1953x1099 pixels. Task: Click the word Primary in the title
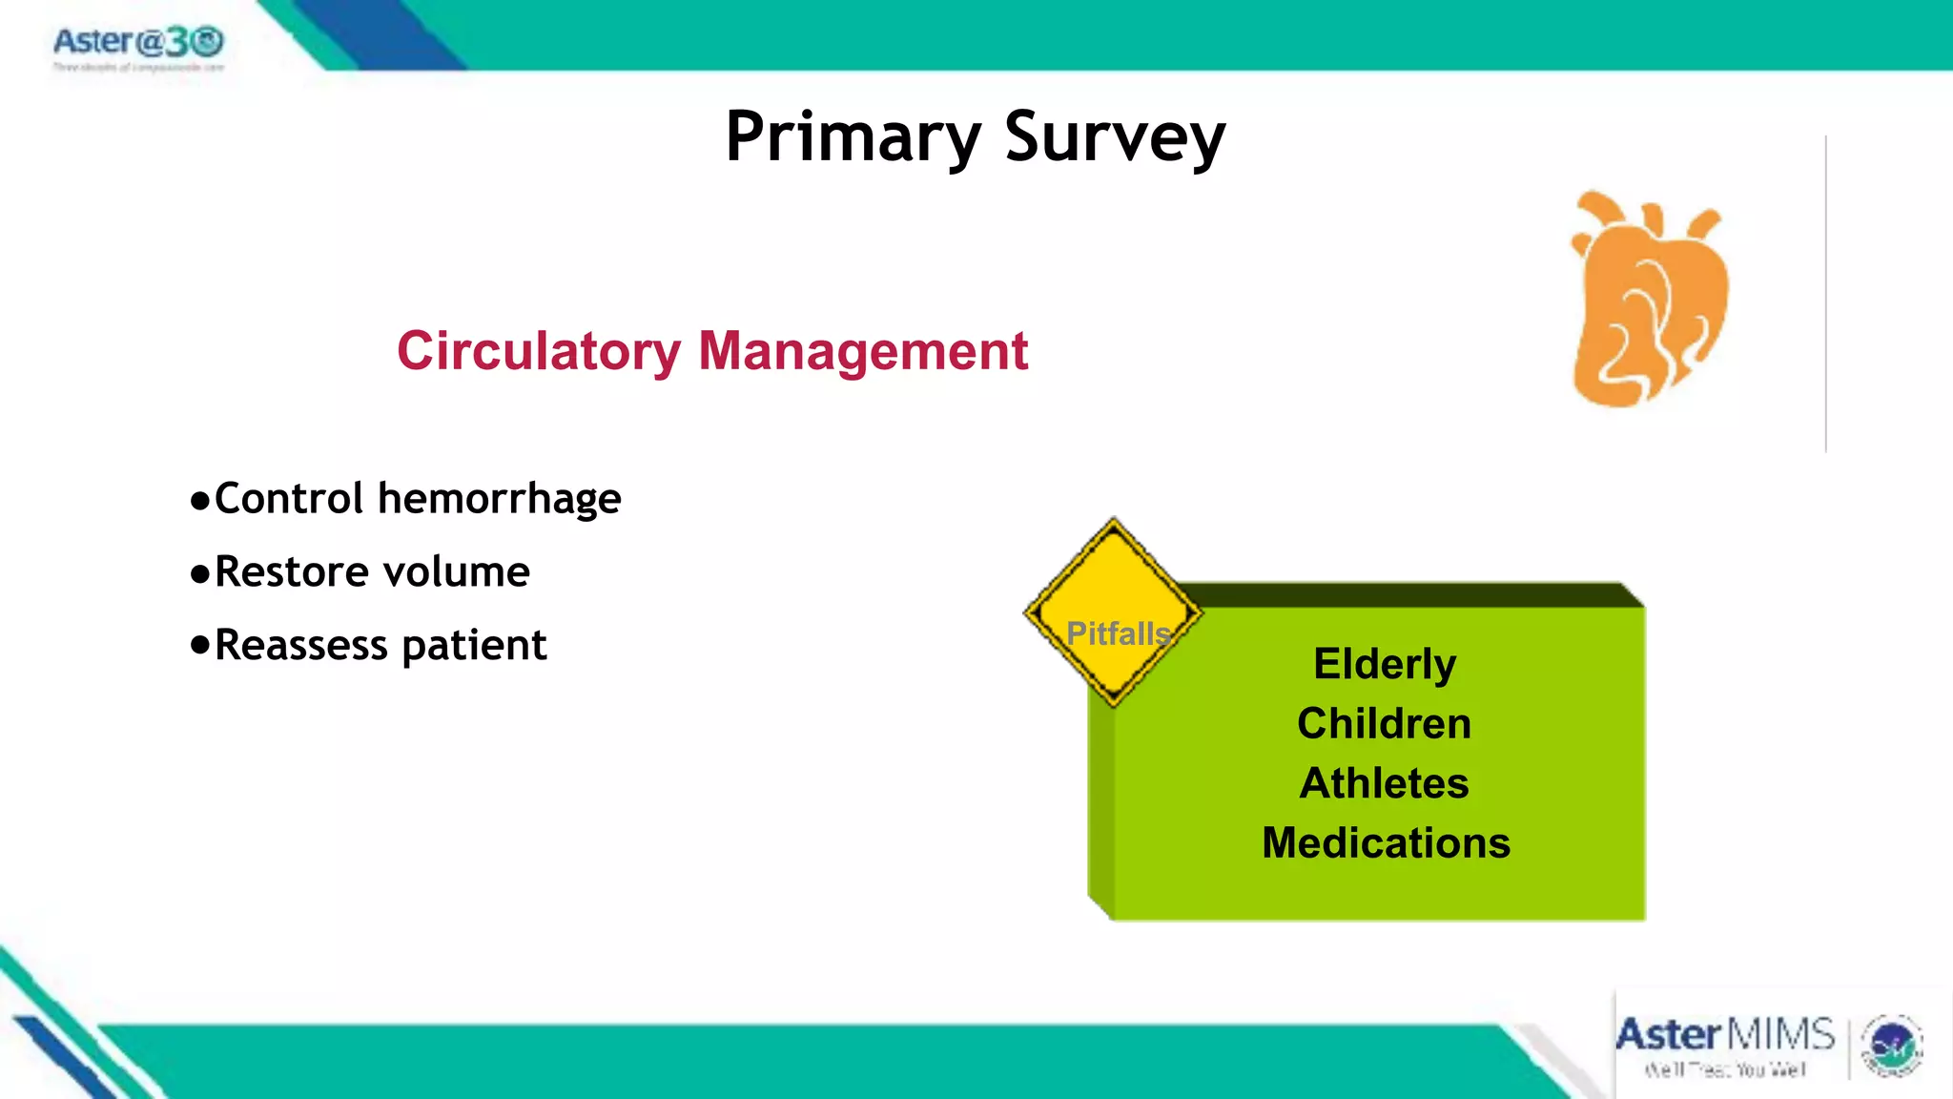click(852, 138)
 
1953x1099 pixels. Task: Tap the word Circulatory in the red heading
click(539, 351)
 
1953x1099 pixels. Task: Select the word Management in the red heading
click(863, 351)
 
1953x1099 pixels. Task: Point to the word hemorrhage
click(499, 499)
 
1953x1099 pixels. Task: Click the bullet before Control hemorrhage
click(199, 501)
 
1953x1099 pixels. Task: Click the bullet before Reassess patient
click(199, 645)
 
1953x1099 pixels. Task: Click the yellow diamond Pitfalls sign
click(1114, 612)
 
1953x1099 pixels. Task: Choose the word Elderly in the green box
click(1385, 664)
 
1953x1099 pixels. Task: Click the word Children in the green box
click(1384, 723)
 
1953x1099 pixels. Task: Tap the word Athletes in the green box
click(1384, 783)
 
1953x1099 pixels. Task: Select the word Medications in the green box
click(1386, 843)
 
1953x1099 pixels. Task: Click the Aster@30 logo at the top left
click(138, 44)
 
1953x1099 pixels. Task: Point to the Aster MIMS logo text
click(1724, 1036)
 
